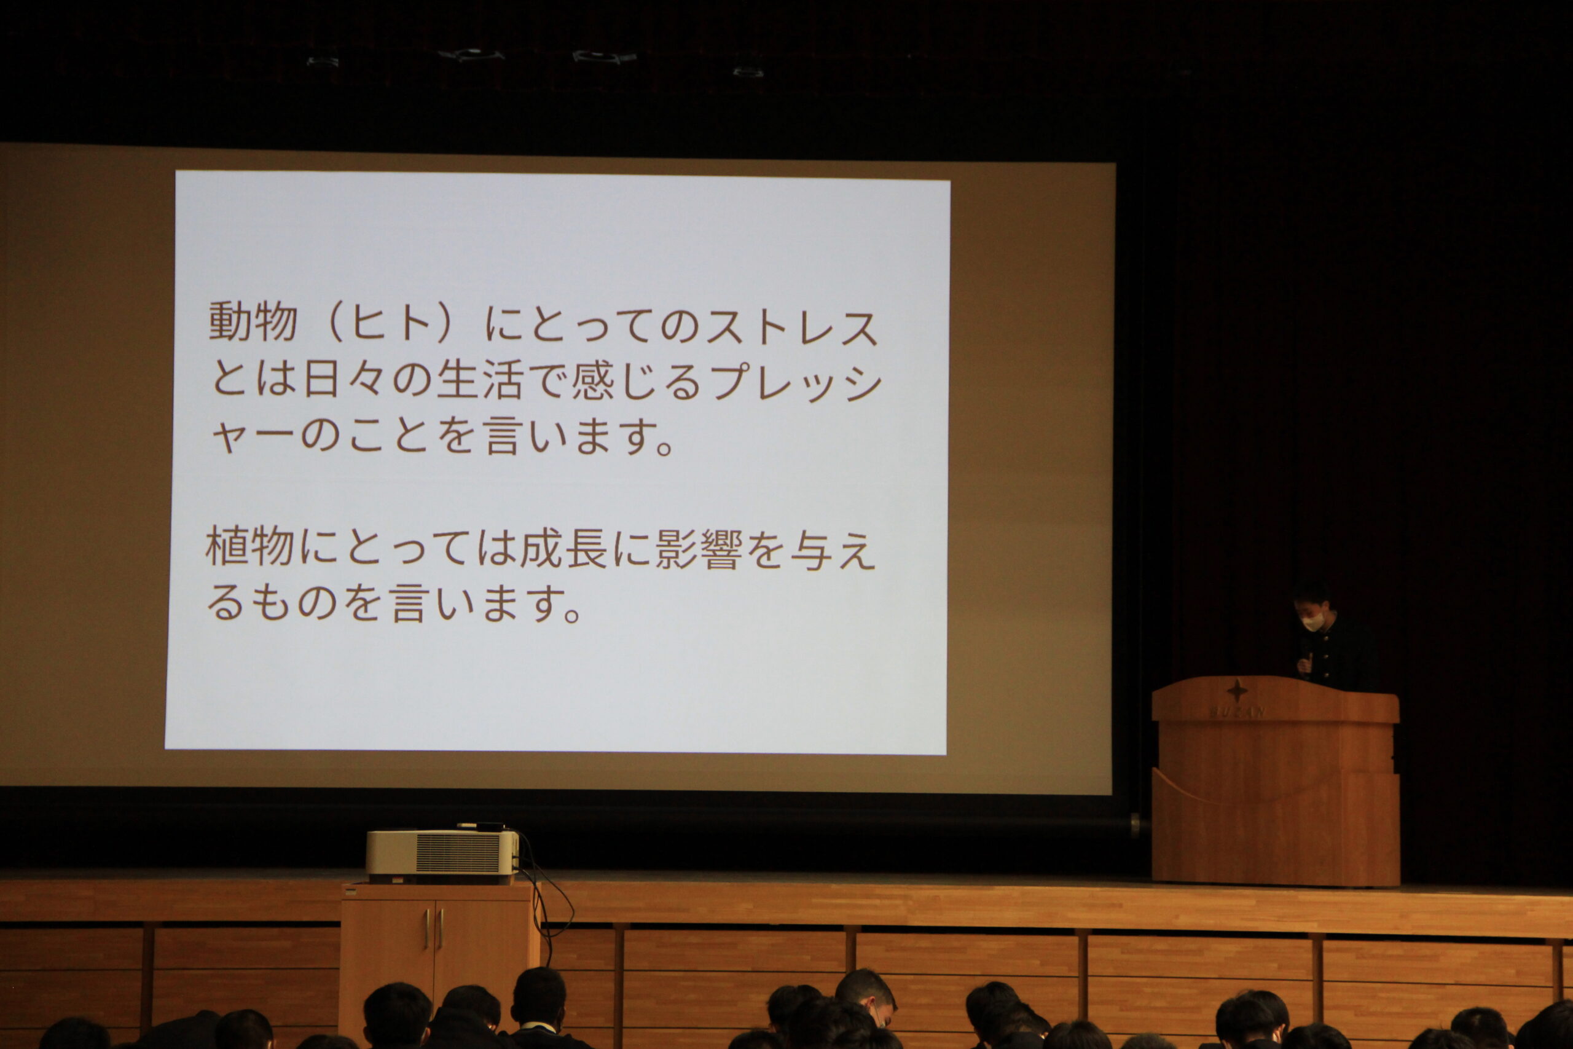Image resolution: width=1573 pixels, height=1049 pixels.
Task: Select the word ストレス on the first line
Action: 792,328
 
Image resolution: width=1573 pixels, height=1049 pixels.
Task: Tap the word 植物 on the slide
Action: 250,546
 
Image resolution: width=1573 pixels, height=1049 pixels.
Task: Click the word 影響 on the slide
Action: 698,550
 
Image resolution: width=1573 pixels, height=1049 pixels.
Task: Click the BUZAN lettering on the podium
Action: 1237,712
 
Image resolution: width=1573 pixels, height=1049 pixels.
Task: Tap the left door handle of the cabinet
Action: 426,929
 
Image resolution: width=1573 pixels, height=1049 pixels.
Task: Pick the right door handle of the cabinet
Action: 441,929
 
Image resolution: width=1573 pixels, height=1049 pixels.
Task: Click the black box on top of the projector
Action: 480,827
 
